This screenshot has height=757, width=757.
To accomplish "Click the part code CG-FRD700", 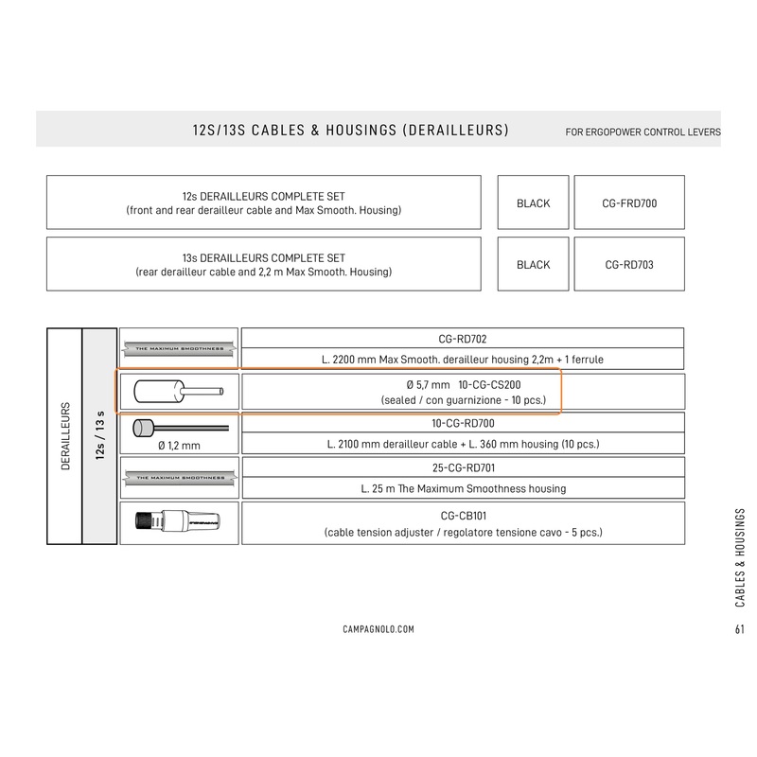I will (628, 202).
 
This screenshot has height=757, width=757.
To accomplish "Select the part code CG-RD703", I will (628, 265).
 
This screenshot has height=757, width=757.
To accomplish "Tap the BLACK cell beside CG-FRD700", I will (533, 202).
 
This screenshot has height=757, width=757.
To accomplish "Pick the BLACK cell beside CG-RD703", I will (533, 265).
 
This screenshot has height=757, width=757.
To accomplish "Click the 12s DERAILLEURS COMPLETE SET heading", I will (263, 196).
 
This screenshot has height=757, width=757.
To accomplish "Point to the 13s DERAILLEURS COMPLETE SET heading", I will (263, 257).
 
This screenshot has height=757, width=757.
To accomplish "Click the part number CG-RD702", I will (463, 338).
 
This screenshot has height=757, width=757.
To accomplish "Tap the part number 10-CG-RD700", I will (463, 423).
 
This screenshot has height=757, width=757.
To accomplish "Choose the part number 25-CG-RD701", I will (463, 467).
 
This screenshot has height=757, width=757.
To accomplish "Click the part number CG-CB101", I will (463, 516).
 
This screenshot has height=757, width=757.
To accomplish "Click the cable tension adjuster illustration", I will (177, 522).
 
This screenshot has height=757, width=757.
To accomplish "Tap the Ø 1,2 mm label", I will (177, 444).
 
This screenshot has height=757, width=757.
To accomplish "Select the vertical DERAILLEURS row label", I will (65, 436).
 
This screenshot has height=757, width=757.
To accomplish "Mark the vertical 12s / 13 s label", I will (100, 436).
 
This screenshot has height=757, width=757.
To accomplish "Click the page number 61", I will (738, 629).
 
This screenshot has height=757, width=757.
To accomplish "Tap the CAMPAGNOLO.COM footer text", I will (378, 629).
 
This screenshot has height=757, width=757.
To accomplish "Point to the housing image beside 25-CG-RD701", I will (178, 478).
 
